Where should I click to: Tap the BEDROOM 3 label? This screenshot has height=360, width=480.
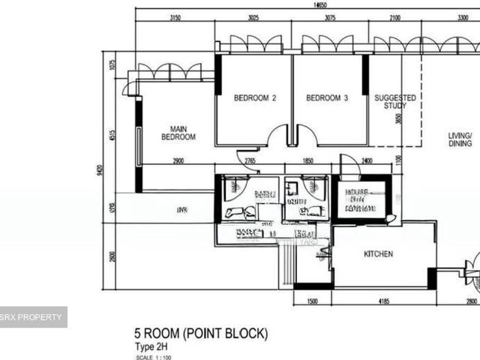click(x=327, y=97)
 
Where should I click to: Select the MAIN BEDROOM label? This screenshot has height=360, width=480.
click(x=178, y=133)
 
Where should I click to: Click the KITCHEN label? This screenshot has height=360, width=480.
click(x=378, y=254)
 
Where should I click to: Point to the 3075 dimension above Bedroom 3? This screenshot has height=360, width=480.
click(x=329, y=18)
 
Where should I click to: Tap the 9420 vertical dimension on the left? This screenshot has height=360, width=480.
click(x=100, y=171)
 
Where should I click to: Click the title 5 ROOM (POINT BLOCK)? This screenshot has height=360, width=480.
click(x=199, y=333)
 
